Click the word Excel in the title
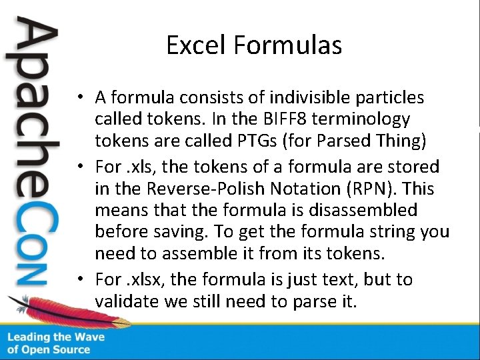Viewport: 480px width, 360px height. (x=197, y=45)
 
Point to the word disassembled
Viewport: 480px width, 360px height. (x=372, y=211)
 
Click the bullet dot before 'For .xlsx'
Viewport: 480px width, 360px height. (x=79, y=279)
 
